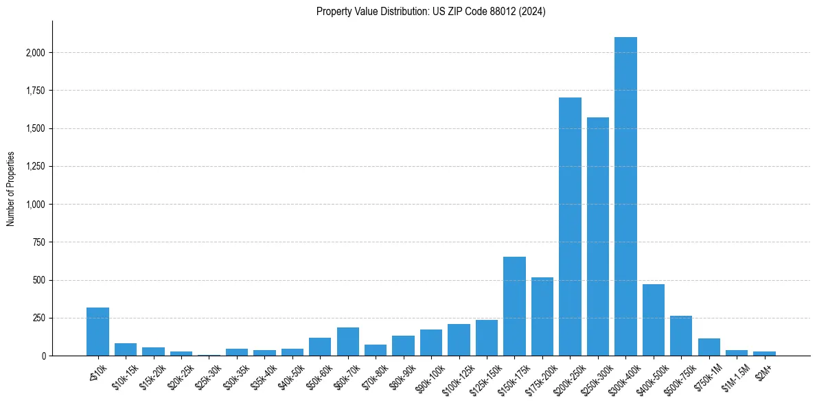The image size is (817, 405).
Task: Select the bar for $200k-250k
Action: [570, 227]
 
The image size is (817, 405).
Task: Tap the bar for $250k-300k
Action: [598, 237]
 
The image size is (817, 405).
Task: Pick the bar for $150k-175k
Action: [514, 306]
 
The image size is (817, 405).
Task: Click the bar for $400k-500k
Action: [654, 320]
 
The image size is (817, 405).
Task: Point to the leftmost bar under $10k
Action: [97, 332]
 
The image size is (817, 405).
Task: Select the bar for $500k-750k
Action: [681, 336]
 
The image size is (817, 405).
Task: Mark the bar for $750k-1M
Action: [709, 347]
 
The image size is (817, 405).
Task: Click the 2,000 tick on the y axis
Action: [36, 53]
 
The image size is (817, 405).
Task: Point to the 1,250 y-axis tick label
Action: [36, 167]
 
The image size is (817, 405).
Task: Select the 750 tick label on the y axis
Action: [39, 242]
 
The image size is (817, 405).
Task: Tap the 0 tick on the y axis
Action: [43, 356]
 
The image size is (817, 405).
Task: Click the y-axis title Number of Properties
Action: [11, 189]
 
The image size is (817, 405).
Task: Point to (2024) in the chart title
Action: [533, 12]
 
